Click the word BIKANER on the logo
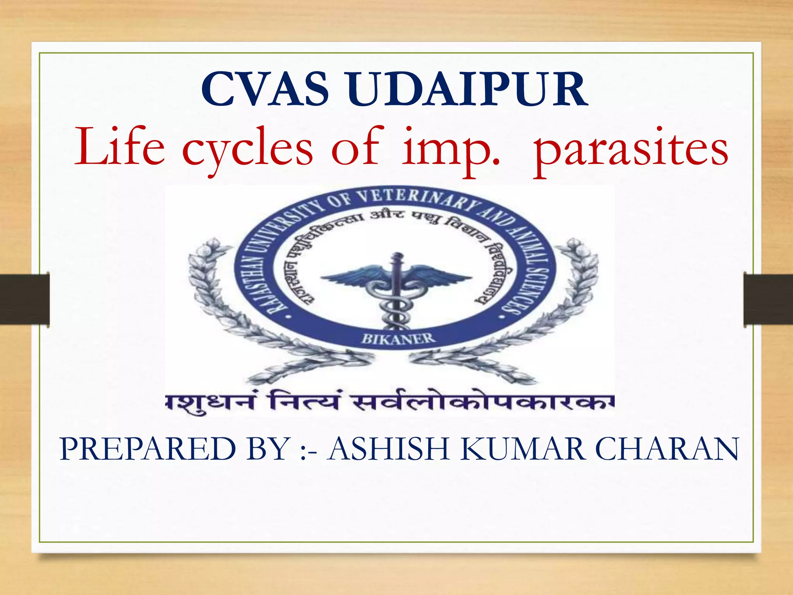click(398, 339)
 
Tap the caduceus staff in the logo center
click(395, 294)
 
